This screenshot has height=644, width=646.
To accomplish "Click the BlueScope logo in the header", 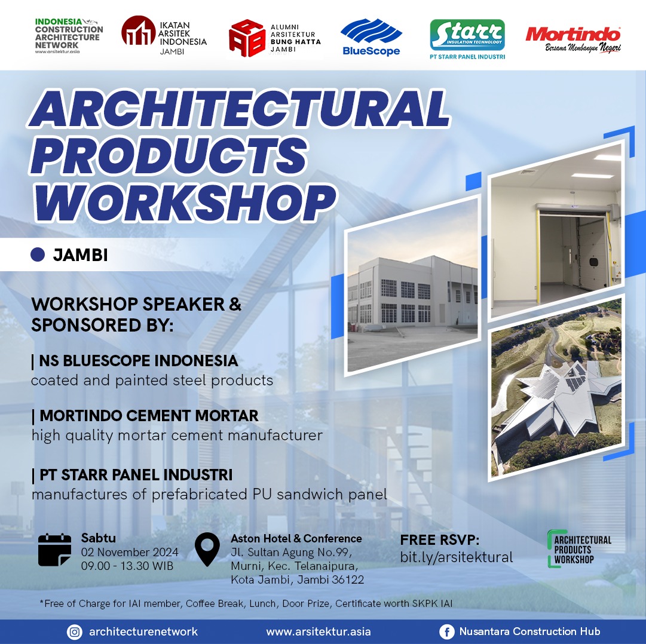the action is click(x=371, y=37).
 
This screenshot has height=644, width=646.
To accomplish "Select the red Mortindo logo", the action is click(x=573, y=39).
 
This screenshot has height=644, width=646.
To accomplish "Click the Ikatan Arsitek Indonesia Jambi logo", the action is click(x=164, y=36).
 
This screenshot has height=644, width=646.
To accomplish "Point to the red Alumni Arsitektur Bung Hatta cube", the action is click(x=246, y=38).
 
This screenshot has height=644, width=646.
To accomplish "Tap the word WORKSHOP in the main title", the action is click(x=185, y=203).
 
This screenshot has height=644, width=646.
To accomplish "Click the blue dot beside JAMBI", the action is click(x=38, y=254).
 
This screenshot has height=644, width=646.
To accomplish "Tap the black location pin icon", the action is click(x=207, y=549).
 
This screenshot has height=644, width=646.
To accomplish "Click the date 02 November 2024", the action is click(x=130, y=552).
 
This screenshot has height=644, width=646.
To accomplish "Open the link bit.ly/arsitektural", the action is click(x=457, y=557).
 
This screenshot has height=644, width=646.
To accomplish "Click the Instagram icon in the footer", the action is click(x=75, y=631).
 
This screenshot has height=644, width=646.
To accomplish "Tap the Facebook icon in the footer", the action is click(x=446, y=631).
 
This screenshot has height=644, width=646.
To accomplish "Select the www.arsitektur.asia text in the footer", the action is click(x=319, y=631).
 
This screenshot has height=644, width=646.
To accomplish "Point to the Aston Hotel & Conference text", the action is click(x=296, y=539).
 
